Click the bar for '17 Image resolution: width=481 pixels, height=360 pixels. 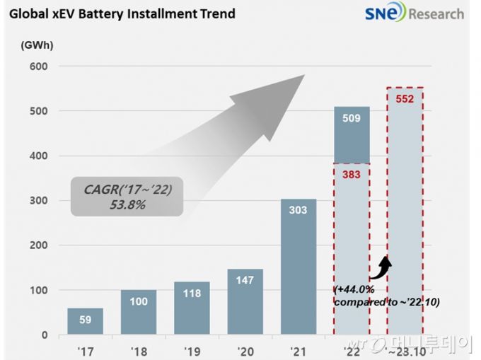click(85, 321)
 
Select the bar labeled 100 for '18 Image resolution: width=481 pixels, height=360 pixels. click(139, 312)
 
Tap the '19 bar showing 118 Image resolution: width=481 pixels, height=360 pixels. click(192, 308)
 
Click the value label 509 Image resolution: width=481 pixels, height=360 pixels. click(352, 118)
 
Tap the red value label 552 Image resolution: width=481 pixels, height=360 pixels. click(405, 100)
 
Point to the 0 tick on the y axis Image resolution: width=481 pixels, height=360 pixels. click(44, 335)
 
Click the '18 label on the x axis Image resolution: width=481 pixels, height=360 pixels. click(139, 349)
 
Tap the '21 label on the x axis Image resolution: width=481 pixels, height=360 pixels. click(299, 349)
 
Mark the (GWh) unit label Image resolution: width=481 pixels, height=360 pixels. click(37, 45)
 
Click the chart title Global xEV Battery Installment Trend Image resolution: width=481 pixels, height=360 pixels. click(121, 13)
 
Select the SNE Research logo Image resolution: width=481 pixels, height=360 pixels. click(414, 13)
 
